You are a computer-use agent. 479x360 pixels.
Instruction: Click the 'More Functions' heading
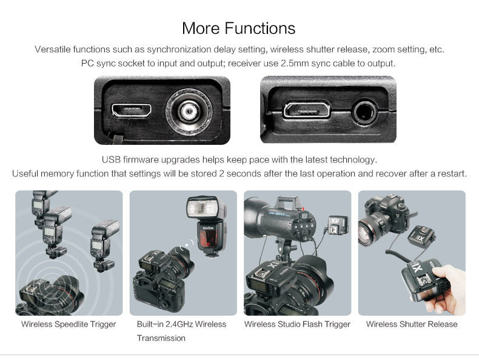coord(238,28)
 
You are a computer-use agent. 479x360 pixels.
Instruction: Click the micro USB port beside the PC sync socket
coord(132,110)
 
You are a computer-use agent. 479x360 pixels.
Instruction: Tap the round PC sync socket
coord(189,112)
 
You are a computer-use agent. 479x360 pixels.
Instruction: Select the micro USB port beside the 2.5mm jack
coord(307,110)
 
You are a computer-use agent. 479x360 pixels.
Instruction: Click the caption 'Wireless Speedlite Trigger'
coord(69,324)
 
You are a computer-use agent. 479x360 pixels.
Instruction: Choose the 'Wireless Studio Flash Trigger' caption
coord(297,324)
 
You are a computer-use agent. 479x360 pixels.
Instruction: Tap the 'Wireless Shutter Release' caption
coord(412,324)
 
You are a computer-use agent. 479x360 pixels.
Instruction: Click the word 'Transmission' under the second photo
coord(161,338)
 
